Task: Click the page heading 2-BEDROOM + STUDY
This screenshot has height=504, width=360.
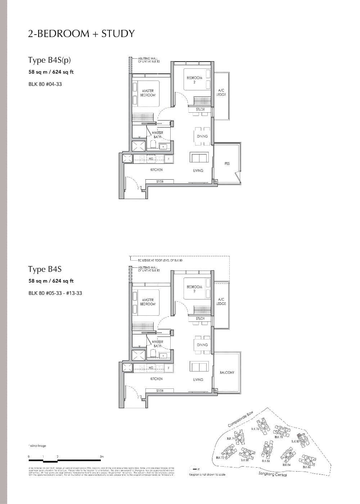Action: (81, 33)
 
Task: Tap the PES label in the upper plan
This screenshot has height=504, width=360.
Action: (227, 163)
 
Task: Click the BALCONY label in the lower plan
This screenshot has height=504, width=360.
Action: (227, 373)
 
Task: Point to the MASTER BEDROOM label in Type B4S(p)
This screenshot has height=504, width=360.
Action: (148, 93)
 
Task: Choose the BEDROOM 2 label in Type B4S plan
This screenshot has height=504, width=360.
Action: (194, 289)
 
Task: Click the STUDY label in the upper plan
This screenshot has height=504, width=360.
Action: (200, 109)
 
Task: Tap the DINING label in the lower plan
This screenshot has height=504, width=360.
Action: (202, 345)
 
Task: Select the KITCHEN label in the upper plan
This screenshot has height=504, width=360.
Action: (156, 170)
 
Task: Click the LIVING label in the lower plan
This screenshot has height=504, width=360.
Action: (198, 379)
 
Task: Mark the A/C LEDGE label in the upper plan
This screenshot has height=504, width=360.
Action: (221, 93)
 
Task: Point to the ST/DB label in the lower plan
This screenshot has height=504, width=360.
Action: (160, 391)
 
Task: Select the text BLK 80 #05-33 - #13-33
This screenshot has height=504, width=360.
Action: (55, 293)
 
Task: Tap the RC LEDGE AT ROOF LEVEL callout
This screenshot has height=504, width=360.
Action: (160, 260)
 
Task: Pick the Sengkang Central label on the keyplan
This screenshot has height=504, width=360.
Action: (273, 474)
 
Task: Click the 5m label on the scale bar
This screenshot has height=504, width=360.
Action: (102, 457)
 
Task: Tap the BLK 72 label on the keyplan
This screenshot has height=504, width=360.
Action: (220, 458)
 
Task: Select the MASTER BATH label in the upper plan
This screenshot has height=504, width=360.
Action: (158, 135)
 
